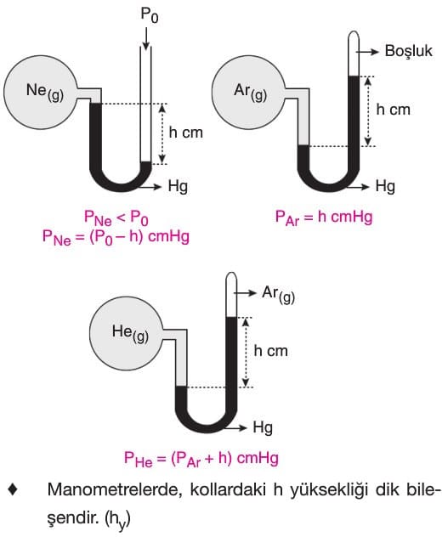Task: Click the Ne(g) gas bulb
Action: (41, 93)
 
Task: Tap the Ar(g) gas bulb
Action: (249, 93)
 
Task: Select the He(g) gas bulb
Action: (126, 333)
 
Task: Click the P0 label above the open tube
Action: (150, 15)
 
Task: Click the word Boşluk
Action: (408, 51)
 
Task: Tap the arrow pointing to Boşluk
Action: (367, 52)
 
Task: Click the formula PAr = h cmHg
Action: (324, 218)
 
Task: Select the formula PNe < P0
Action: (116, 218)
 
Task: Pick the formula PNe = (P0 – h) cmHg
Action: (116, 237)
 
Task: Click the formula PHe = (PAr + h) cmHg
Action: (201, 458)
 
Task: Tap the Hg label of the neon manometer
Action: (178, 186)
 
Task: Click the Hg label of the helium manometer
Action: (263, 427)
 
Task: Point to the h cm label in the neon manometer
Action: (186, 133)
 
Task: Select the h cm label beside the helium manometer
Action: (271, 351)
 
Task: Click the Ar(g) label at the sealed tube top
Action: (278, 294)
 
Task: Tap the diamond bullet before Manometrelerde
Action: (13, 490)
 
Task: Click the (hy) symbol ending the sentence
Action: (117, 520)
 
